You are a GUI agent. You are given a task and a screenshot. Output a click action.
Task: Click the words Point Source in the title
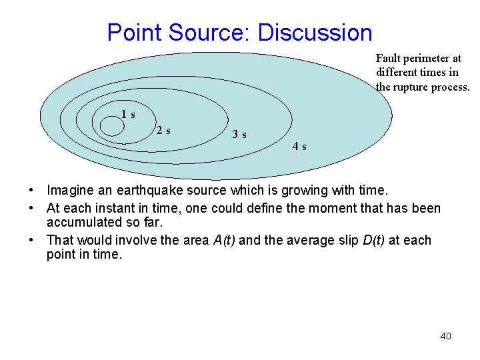177,32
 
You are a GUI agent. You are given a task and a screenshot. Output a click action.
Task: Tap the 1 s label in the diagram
128,114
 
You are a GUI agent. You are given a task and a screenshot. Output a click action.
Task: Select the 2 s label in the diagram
163,131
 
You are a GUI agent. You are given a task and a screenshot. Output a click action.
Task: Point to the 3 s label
239,135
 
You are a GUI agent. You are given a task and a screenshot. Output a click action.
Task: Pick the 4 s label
299,147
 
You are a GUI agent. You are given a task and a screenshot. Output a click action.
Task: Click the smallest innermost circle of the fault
111,127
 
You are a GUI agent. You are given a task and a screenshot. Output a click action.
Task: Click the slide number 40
445,336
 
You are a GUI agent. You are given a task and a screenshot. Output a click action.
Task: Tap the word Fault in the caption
388,59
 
